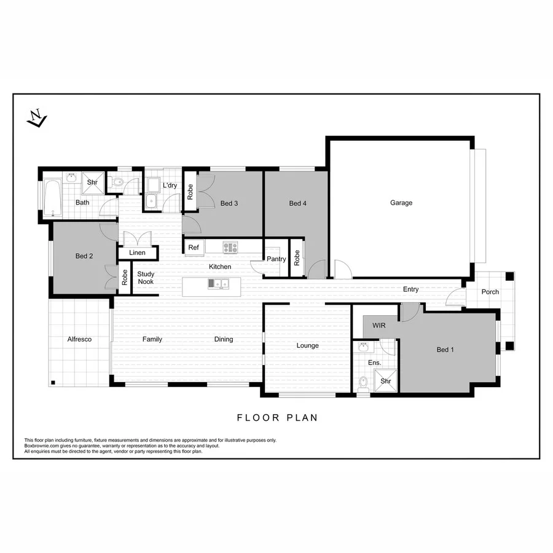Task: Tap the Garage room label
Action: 401,203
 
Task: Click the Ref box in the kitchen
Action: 194,248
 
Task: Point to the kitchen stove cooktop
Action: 230,247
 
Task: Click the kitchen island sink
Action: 218,283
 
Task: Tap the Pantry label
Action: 276,259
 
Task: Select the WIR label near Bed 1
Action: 379,326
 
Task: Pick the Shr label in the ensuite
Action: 386,381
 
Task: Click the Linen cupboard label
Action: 137,253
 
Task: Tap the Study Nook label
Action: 146,278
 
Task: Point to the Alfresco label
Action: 79,339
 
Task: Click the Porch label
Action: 490,292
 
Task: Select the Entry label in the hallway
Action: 410,289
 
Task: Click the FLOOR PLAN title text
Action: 277,418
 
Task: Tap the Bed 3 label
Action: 229,203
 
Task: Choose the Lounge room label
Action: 307,345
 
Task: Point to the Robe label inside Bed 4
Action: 297,257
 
